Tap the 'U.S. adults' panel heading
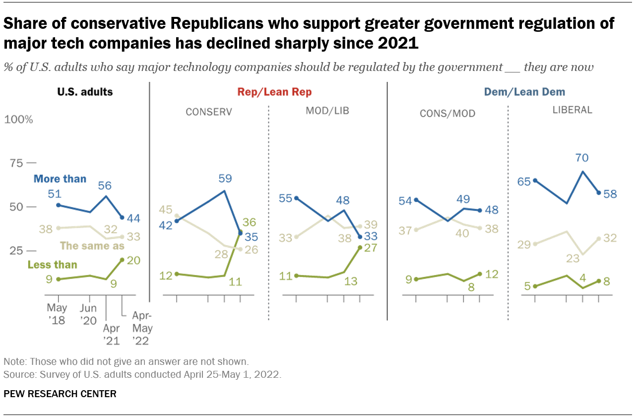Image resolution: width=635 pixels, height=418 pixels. (85, 92)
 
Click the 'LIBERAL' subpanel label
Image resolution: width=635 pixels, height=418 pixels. (572, 110)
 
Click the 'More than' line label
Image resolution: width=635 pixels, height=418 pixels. (60, 179)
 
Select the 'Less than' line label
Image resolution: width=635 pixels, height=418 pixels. (52, 265)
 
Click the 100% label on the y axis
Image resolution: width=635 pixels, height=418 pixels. (18, 120)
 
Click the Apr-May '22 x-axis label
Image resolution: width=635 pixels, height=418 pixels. (142, 328)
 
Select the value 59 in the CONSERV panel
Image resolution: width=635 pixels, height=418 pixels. (225, 178)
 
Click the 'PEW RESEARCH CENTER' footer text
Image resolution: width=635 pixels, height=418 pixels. (60, 394)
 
